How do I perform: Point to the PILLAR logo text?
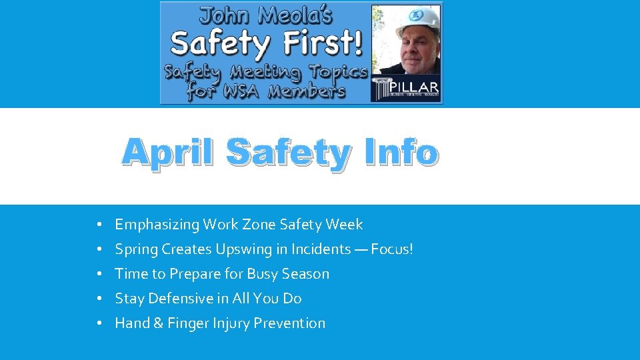point(416,87)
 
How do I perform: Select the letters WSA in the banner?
point(245,91)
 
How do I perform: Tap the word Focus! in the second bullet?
point(392,249)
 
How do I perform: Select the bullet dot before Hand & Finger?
point(98,324)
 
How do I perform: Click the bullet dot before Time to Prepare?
point(98,275)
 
